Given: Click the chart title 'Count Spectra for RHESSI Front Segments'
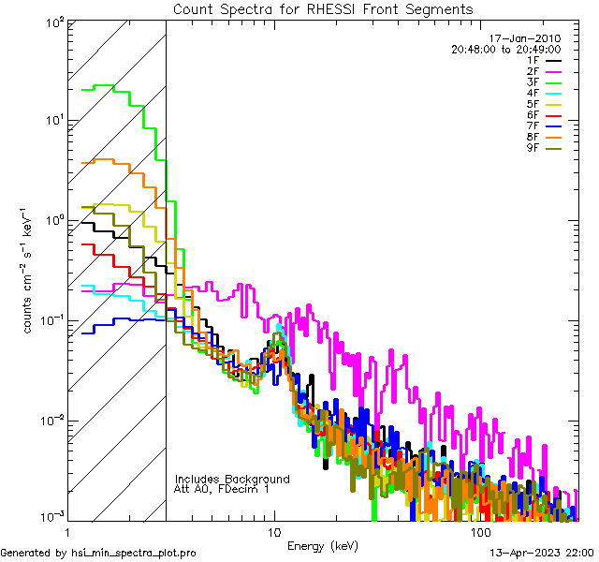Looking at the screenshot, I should (x=323, y=8).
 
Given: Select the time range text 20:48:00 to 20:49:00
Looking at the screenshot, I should (x=505, y=49).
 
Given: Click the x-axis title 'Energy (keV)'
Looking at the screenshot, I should (x=323, y=545).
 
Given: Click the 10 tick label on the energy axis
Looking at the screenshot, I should (x=273, y=532).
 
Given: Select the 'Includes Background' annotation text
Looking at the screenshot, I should (x=232, y=479).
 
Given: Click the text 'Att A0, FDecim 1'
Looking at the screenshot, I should (x=222, y=489).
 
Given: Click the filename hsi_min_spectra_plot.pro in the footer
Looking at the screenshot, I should (x=134, y=553).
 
